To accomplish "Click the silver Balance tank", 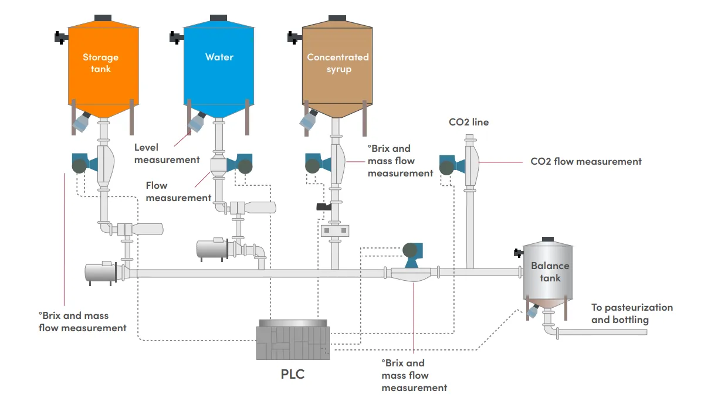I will [550, 273].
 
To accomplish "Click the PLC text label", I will [293, 373].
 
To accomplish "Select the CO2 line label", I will [468, 123].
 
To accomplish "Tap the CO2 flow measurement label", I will [585, 161].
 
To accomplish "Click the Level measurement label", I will [167, 154].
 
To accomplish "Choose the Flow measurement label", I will [178, 192].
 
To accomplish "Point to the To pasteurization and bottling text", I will [632, 314].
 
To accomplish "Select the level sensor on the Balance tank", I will [533, 310].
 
